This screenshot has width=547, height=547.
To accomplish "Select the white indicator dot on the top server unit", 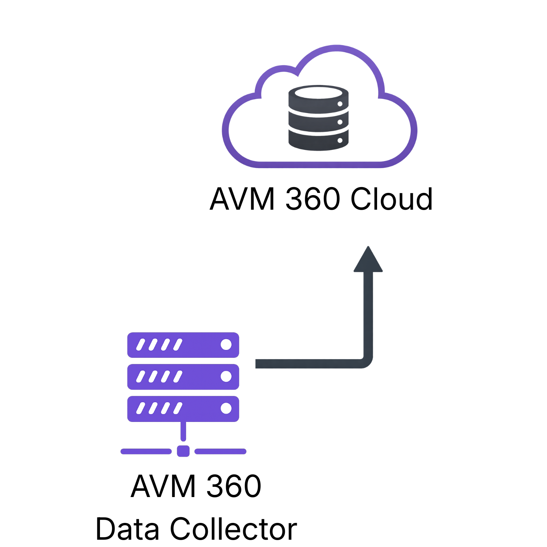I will [226, 345].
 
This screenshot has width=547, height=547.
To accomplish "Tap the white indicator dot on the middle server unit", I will [226, 376].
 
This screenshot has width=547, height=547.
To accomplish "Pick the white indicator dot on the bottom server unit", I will [226, 408].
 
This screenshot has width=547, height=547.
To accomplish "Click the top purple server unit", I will [197, 345].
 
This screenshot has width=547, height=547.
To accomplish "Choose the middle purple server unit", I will [197, 377].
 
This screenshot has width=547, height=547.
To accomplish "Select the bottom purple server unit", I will [197, 409].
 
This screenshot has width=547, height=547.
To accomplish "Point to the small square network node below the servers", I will [183, 451].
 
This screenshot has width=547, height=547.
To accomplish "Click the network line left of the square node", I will [146, 451].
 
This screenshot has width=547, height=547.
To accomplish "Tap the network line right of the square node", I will [220, 451].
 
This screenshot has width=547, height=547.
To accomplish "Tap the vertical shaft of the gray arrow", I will [368, 314].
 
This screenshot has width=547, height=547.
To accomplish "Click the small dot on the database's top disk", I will [340, 104].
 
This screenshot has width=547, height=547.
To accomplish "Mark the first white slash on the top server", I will [140, 345].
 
